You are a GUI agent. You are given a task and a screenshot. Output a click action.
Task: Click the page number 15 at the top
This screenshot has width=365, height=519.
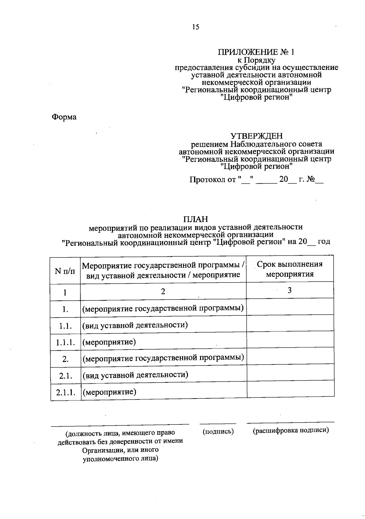pyautogui.click(x=196, y=27)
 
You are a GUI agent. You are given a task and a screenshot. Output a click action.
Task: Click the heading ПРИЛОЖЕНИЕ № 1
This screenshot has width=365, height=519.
pyautogui.click(x=256, y=52)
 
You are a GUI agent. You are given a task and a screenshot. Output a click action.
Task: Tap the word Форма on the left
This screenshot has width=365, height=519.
pyautogui.click(x=64, y=117)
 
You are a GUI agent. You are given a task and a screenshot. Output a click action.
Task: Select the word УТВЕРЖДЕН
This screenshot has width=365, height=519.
pyautogui.click(x=256, y=136)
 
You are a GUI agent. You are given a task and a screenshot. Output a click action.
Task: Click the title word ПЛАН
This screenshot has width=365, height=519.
pyautogui.click(x=196, y=219)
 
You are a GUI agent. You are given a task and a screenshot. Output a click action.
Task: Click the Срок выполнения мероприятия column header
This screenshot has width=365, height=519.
pyautogui.click(x=290, y=269)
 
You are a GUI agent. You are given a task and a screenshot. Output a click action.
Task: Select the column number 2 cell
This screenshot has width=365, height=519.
pyautogui.click(x=163, y=292)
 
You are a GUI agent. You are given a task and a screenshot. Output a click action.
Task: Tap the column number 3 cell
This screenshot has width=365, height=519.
pyautogui.click(x=290, y=290)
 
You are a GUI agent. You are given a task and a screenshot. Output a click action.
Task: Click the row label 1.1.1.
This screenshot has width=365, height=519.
pyautogui.click(x=65, y=342)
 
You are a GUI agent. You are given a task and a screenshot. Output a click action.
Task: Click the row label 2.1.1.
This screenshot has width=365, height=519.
pyautogui.click(x=65, y=392)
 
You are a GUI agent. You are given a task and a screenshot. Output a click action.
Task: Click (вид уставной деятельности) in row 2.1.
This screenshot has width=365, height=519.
pyautogui.click(x=135, y=375)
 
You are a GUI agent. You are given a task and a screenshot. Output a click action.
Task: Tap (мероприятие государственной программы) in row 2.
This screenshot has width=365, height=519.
pyautogui.click(x=163, y=358)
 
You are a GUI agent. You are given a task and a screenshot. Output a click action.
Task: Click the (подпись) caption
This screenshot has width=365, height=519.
pyautogui.click(x=218, y=431)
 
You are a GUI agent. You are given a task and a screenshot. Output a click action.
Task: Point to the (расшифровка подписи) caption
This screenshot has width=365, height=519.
pyautogui.click(x=290, y=431)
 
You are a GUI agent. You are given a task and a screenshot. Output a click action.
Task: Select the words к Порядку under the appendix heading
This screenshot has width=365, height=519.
pyautogui.click(x=256, y=60)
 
